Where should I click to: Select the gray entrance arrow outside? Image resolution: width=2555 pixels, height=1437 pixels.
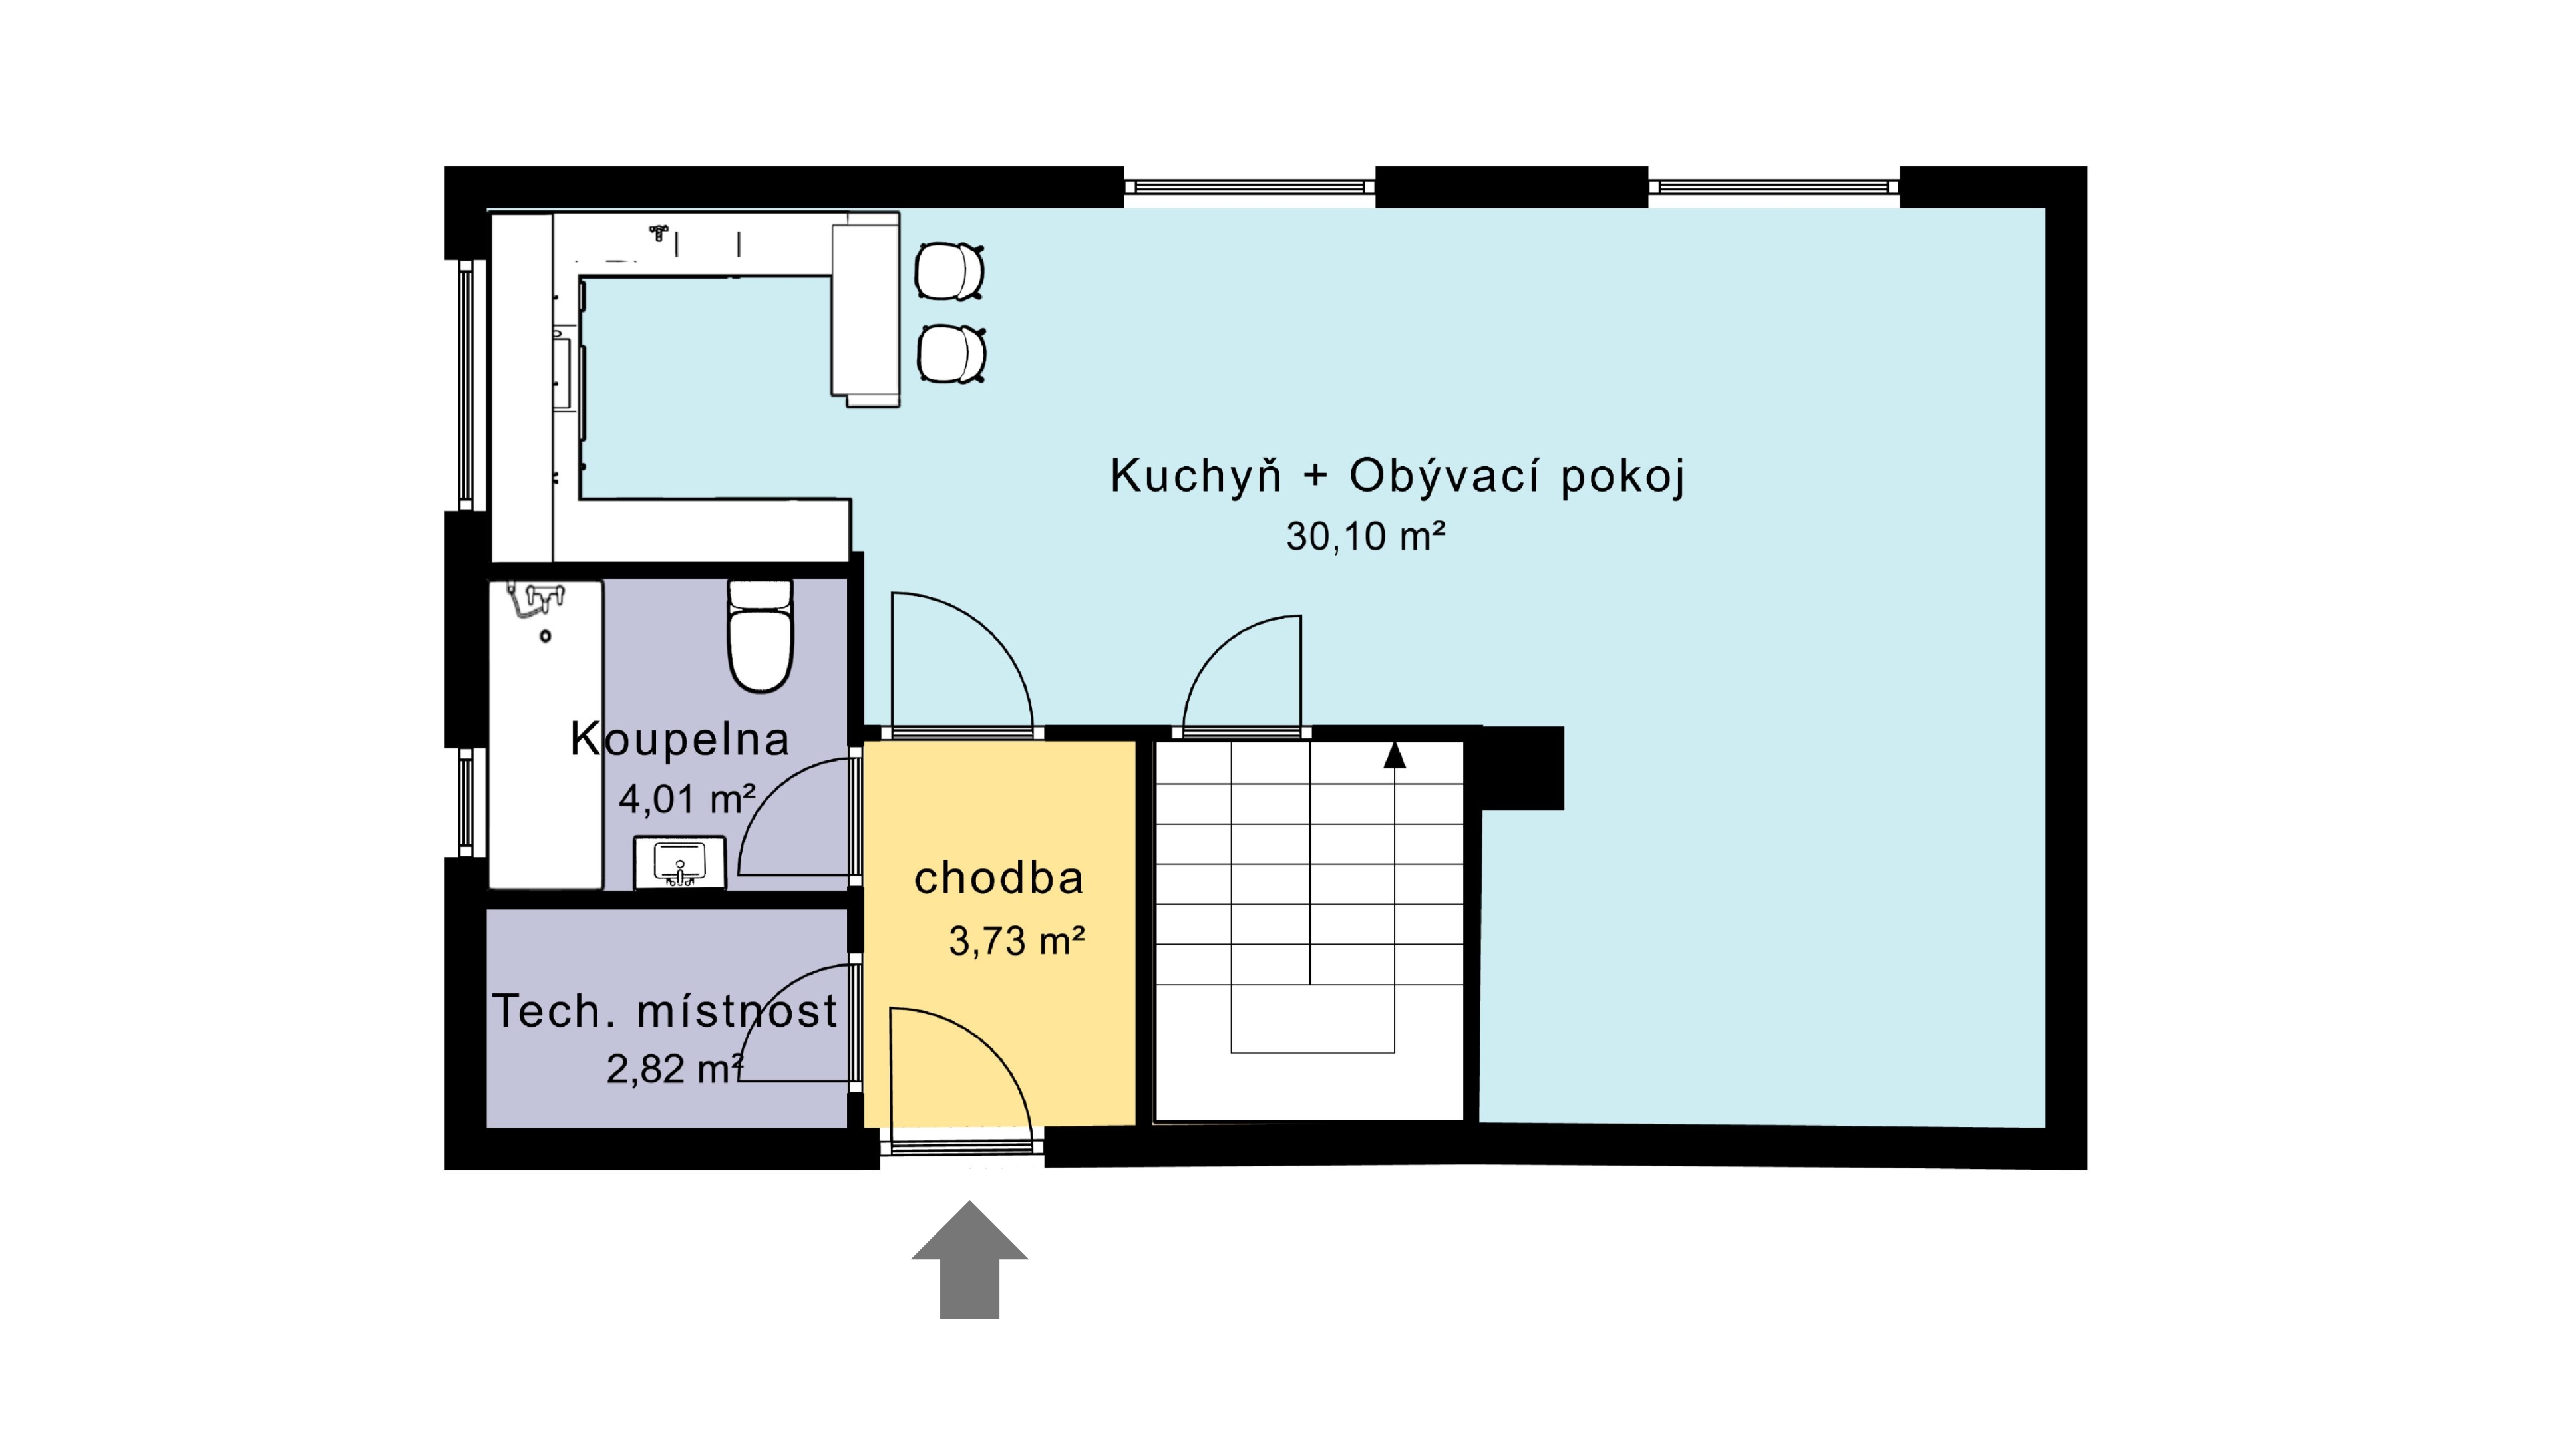[x=969, y=1259]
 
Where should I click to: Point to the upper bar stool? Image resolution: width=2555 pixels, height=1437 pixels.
[x=949, y=271]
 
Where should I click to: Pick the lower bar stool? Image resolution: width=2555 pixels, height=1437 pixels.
[x=951, y=354]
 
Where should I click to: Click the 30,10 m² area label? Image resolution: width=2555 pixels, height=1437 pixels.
[x=1366, y=536]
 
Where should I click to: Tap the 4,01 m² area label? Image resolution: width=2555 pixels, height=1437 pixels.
[x=687, y=798]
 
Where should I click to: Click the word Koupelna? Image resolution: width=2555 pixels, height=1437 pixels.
[x=679, y=740]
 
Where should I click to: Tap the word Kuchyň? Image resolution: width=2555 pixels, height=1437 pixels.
[x=1195, y=475]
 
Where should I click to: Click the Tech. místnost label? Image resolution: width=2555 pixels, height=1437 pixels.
[x=665, y=1011]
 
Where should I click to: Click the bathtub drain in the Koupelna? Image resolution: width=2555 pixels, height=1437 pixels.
[x=544, y=636]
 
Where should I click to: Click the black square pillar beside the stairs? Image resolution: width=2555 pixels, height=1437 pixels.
[x=1522, y=768]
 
